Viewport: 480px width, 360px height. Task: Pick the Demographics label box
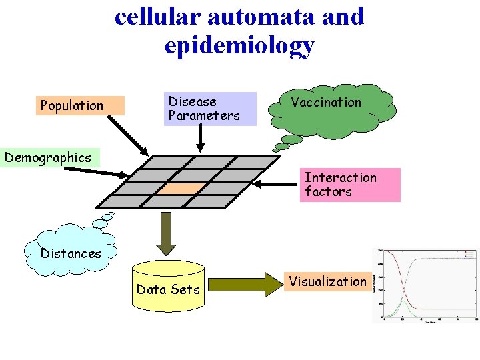point(48,158)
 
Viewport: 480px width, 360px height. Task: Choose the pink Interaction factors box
point(349,185)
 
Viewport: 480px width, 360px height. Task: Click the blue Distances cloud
point(70,253)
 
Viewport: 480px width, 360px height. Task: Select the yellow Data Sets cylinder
point(168,286)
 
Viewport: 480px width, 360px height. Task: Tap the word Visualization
point(327,281)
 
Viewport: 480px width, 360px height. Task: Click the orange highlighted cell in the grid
point(178,189)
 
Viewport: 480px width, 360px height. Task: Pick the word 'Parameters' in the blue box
point(203,116)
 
